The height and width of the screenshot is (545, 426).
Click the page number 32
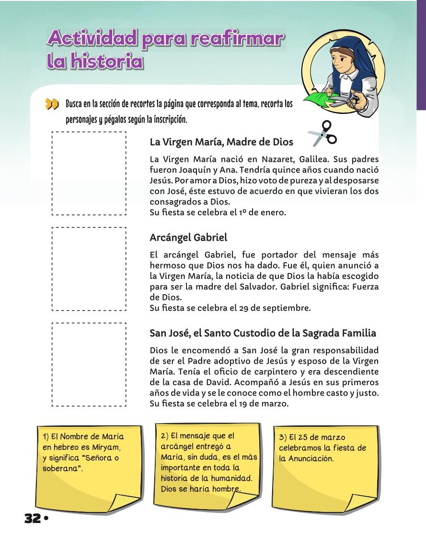pos(33,519)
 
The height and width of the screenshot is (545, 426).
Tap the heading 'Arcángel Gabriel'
pos(188,237)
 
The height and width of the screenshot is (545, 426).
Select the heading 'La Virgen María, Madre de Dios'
pos(221,142)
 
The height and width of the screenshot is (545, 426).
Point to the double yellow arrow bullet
pos(52,104)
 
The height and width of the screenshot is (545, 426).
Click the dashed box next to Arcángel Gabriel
pos(89,269)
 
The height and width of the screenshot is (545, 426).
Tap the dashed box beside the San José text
pos(89,365)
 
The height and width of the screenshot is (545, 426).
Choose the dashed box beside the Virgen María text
pos(89,173)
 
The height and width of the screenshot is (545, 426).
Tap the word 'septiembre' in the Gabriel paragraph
pos(289,308)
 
